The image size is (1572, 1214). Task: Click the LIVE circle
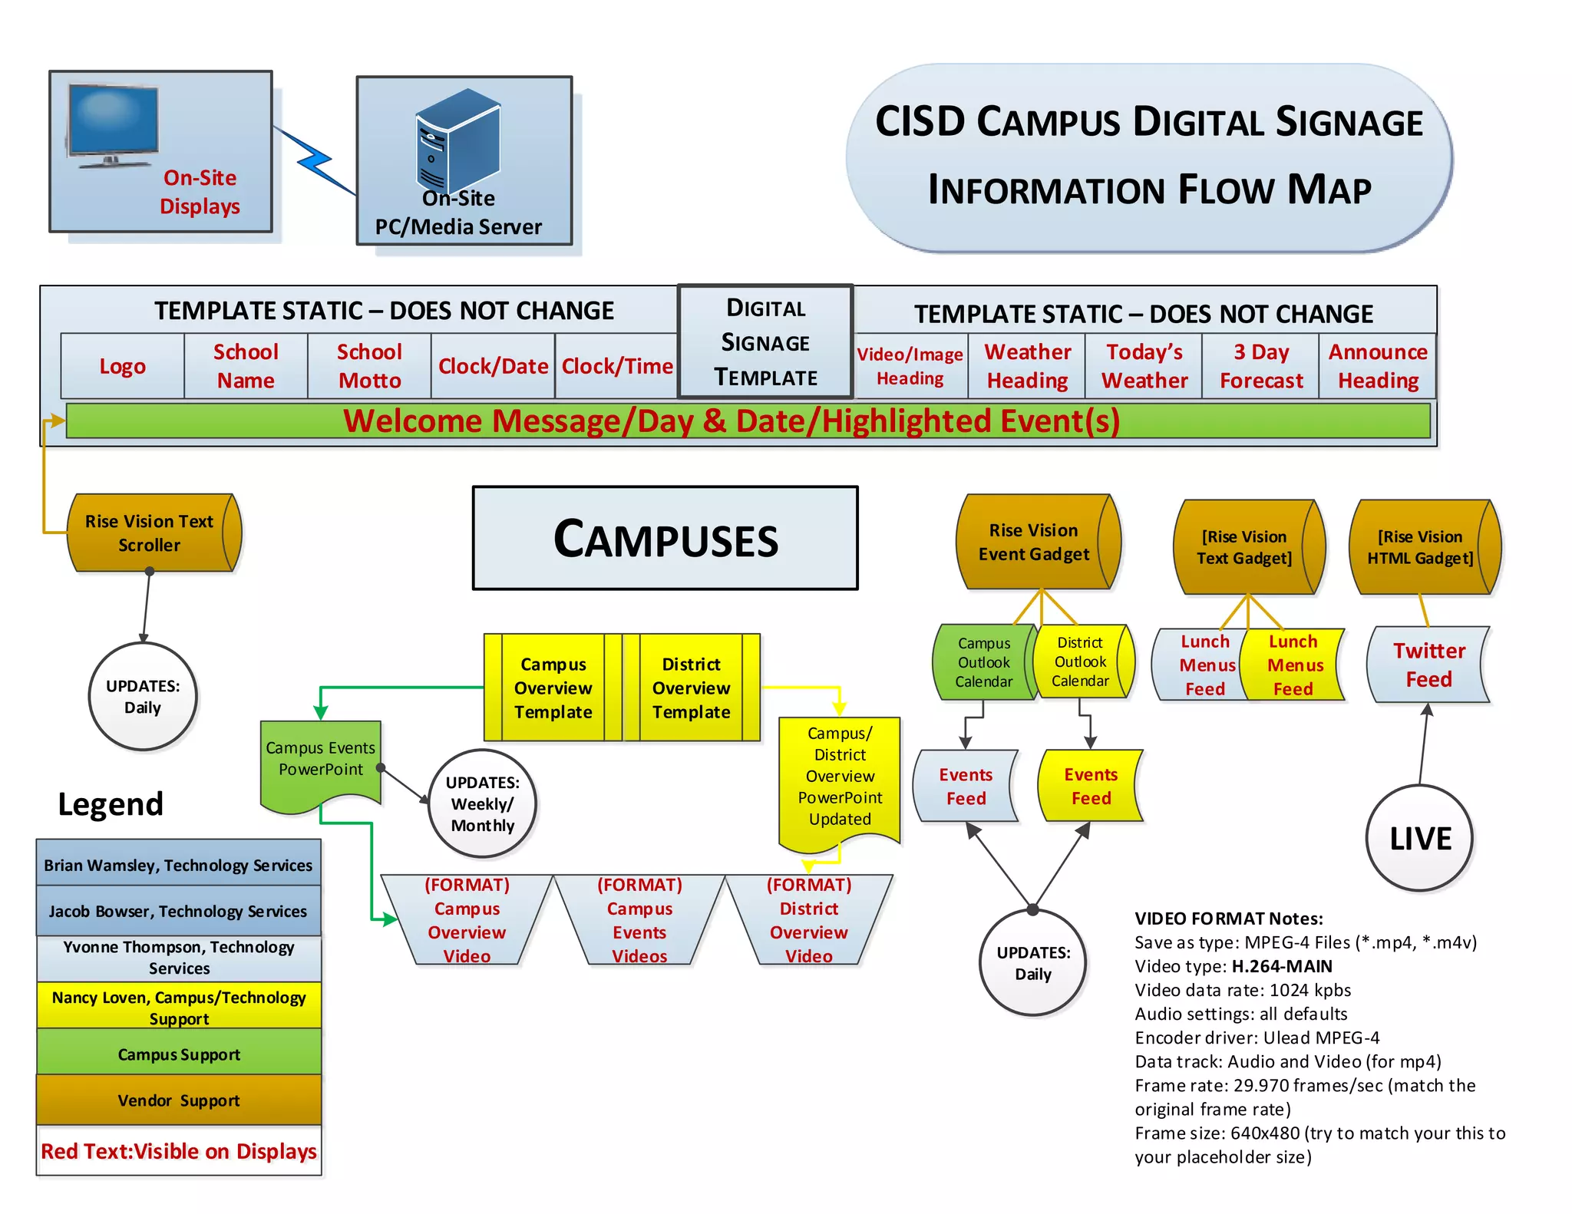pyautogui.click(x=1419, y=838)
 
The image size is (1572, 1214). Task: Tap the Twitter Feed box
pyautogui.click(x=1428, y=665)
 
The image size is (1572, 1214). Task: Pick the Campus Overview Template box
pyautogui.click(x=553, y=688)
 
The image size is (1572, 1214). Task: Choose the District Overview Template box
pyautogui.click(x=691, y=688)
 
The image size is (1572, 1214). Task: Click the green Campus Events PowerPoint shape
pyautogui.click(x=320, y=760)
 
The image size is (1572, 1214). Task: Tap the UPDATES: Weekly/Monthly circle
pyautogui.click(x=482, y=803)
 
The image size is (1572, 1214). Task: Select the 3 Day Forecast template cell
pyautogui.click(x=1260, y=366)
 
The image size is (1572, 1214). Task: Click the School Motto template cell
pyautogui.click(x=369, y=366)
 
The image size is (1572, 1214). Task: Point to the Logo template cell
pyautogui.click(x=122, y=366)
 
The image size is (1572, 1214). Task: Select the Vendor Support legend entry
pyautogui.click(x=179, y=1100)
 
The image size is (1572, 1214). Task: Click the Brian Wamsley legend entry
pyautogui.click(x=178, y=864)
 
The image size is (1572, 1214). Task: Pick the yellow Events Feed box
pyautogui.click(x=1090, y=786)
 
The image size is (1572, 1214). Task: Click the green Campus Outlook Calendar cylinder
pyautogui.click(x=983, y=661)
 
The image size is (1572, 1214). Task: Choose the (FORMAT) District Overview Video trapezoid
pyautogui.click(x=808, y=920)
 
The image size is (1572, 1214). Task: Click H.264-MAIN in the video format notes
pyautogui.click(x=1282, y=966)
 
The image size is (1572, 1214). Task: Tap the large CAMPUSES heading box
pyautogui.click(x=665, y=538)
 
